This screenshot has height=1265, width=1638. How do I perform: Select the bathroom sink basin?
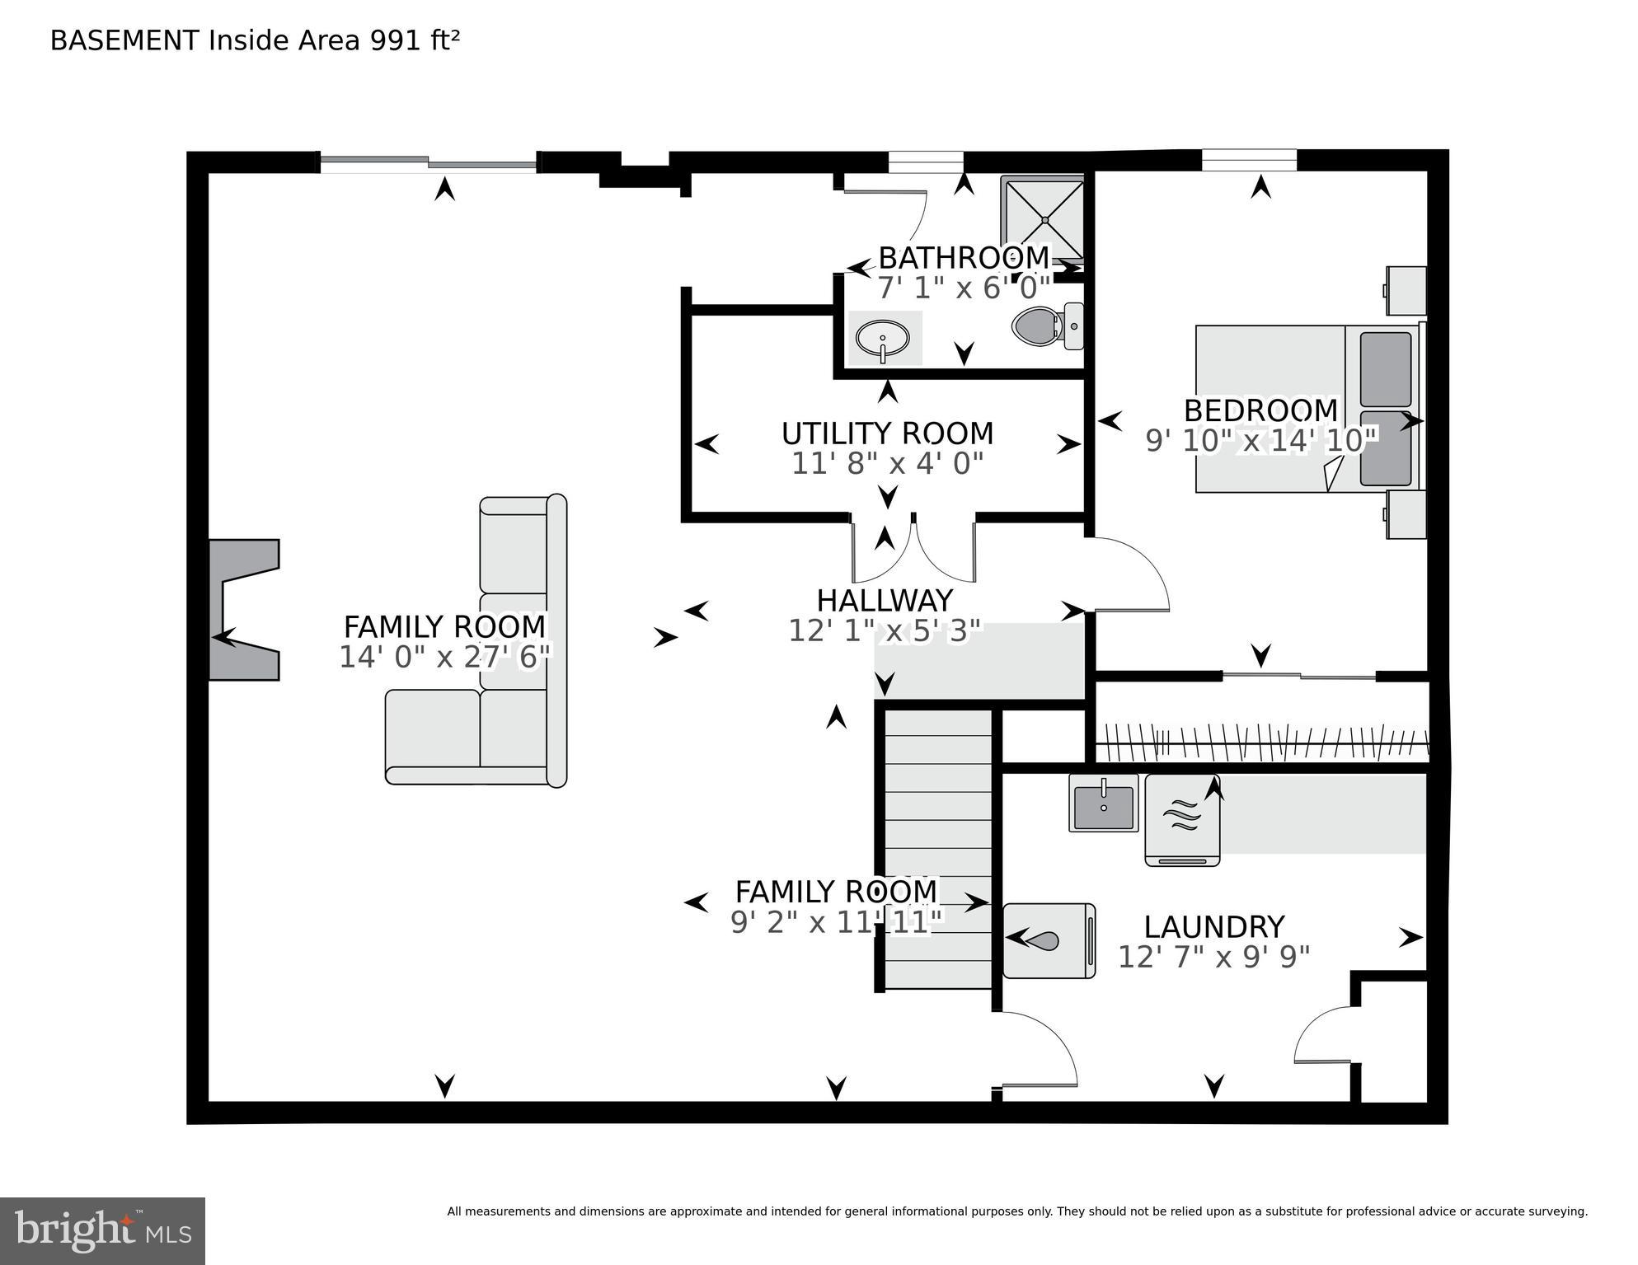(x=882, y=338)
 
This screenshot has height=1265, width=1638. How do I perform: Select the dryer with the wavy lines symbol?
(x=1181, y=820)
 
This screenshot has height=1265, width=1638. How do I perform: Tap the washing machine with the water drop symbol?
(x=1049, y=940)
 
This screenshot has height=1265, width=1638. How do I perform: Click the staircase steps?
(x=938, y=849)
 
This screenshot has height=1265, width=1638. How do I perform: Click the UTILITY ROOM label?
(x=887, y=433)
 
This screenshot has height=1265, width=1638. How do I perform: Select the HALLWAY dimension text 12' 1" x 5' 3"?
(x=885, y=631)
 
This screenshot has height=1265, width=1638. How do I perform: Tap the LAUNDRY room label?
(x=1213, y=927)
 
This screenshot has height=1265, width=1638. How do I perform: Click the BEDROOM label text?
(x=1260, y=410)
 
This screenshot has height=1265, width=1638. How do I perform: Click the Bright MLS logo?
(x=102, y=1230)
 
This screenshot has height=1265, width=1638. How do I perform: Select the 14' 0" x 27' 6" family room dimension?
(x=444, y=657)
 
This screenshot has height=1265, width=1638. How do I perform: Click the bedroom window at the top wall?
(x=1248, y=160)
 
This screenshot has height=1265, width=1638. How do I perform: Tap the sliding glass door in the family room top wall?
(x=429, y=163)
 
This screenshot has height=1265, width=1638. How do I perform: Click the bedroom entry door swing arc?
(x=1142, y=569)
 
